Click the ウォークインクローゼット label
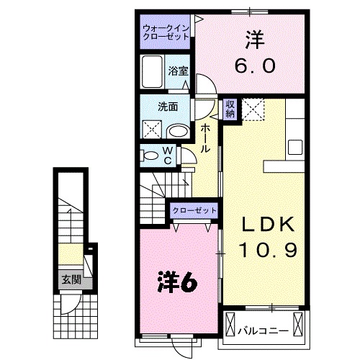coord(166,31)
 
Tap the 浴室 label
coord(178,71)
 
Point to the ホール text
coord(205,137)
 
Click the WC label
coord(166,155)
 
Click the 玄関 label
coord(69,279)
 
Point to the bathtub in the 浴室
coord(153,72)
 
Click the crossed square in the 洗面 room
coord(153,130)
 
